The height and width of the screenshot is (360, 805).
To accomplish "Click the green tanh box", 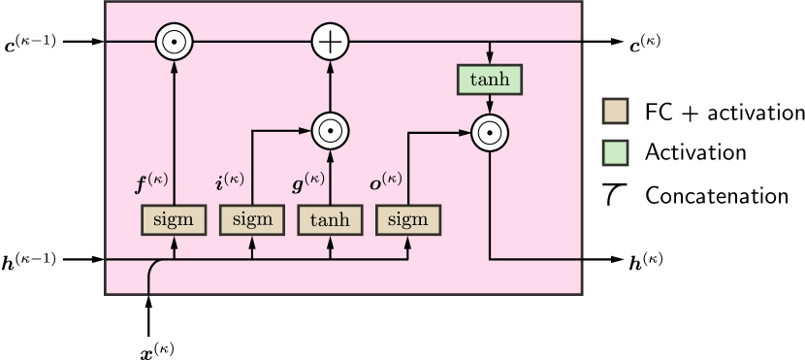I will [490, 80].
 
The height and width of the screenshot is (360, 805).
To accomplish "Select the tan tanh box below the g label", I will [330, 220].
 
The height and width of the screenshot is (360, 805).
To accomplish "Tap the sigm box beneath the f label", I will [175, 220].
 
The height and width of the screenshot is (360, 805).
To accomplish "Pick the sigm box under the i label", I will [252, 220].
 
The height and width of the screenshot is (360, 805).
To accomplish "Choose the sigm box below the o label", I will [407, 220].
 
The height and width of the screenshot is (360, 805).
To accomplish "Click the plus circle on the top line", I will [330, 42].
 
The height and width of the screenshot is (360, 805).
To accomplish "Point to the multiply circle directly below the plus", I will [330, 129].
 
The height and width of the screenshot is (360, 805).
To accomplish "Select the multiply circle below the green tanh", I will [490, 133].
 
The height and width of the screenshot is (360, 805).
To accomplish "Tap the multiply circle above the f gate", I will [175, 42].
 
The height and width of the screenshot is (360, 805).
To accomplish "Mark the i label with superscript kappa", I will [229, 181].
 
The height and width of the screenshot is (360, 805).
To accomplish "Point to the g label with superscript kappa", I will [307, 181].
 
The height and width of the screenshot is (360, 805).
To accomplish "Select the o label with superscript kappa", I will [386, 181].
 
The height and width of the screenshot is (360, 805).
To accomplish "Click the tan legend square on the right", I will [615, 111].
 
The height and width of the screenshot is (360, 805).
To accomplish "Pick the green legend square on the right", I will [615, 153].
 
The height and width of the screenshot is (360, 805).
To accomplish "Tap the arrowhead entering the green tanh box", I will [490, 59].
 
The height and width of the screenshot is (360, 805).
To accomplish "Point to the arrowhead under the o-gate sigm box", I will [407, 241].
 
